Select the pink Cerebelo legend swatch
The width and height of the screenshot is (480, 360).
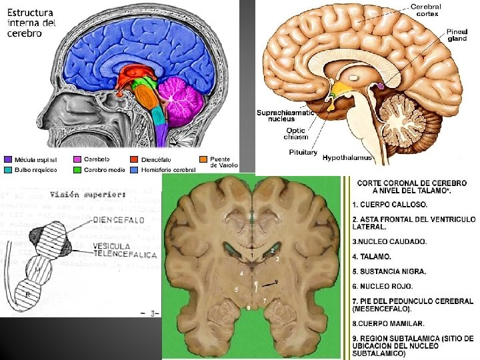coord(77,159)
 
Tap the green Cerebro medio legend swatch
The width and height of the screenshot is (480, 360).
coord(77,170)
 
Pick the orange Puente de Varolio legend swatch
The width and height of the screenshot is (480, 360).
coord(203,159)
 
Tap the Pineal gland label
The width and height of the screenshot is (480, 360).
coord(457,35)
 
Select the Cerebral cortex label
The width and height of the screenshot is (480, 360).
coord(427,9)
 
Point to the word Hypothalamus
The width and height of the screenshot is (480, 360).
coord(347,158)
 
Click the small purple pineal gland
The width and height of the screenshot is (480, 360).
coord(381,86)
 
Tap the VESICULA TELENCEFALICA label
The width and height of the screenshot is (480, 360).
coord(125,251)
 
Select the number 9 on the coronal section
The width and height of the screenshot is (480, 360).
coord(277,282)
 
